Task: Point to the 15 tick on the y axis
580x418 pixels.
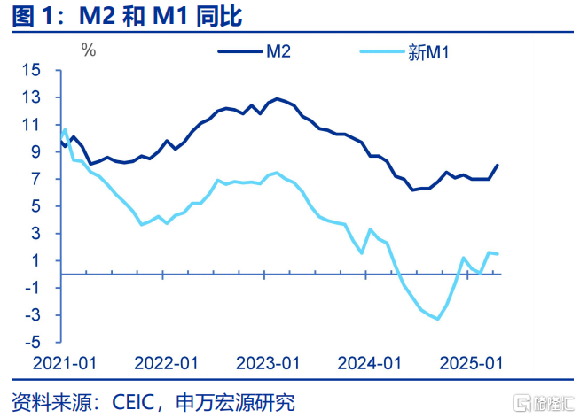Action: point(32,70)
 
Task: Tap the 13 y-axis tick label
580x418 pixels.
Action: point(32,97)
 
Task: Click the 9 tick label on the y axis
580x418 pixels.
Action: point(36,152)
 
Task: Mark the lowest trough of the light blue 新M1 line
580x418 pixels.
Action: point(437,319)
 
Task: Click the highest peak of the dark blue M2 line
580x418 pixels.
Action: point(278,98)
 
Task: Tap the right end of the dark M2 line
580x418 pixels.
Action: point(498,165)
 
